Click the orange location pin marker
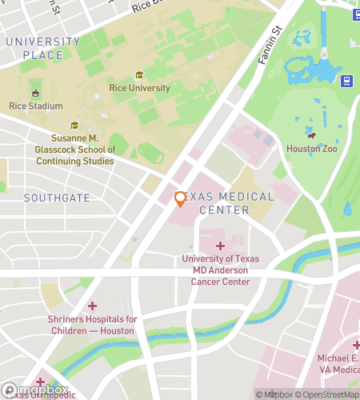[180, 198]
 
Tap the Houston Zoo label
[312, 149]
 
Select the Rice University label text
[139, 88]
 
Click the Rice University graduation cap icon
[139, 75]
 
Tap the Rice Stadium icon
[34, 92]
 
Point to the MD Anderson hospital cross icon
[220, 246]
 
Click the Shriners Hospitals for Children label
[92, 325]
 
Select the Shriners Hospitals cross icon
[92, 306]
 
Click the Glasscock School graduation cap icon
[74, 126]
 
